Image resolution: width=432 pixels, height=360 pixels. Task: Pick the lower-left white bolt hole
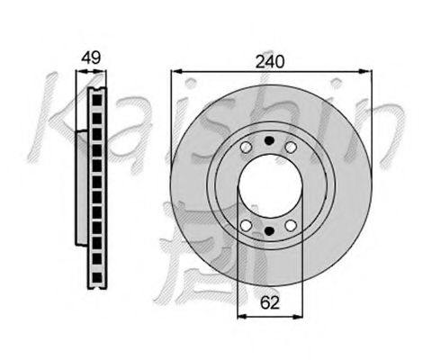[246, 224]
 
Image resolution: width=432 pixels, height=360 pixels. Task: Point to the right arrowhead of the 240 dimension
[367, 70]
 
